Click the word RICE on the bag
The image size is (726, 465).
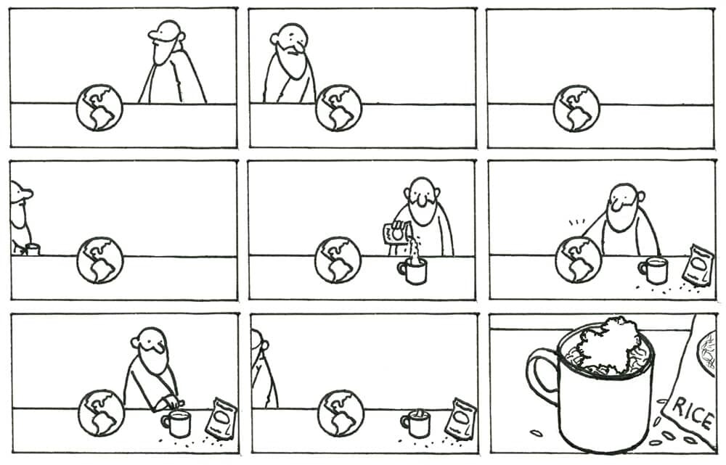(x=693, y=413)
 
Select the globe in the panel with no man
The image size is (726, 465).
(x=576, y=108)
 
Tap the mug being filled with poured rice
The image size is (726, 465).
(x=412, y=271)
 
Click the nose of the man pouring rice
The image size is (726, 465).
(x=421, y=199)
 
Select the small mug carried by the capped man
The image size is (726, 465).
(x=33, y=250)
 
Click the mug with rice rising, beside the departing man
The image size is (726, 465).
(x=416, y=424)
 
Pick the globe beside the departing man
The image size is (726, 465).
(x=340, y=413)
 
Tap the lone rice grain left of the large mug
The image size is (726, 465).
(x=537, y=433)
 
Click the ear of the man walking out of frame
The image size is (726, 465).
(x=265, y=345)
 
